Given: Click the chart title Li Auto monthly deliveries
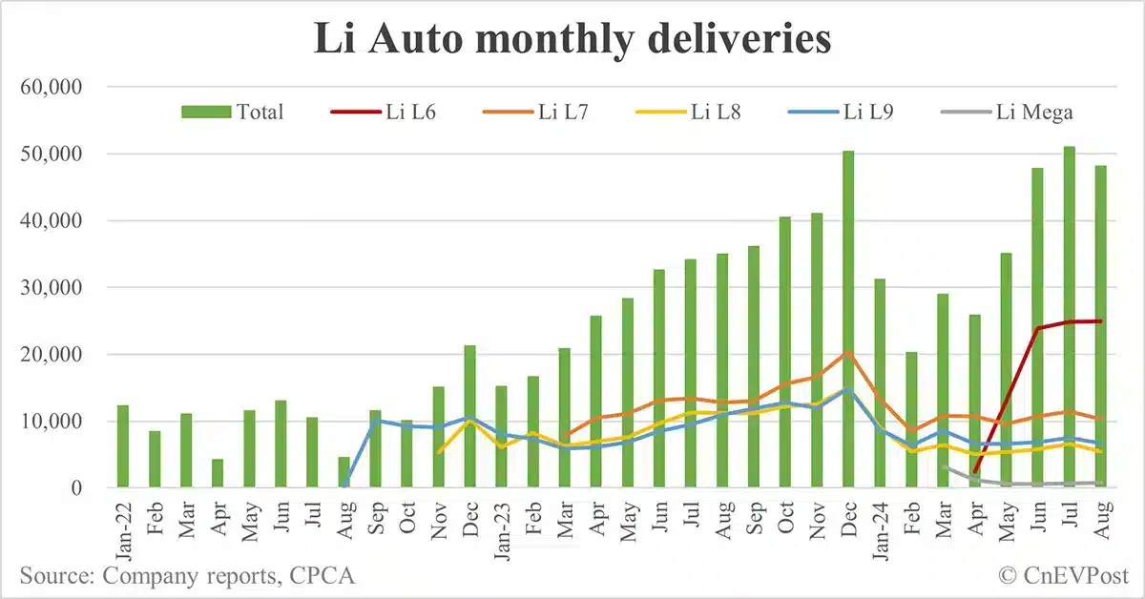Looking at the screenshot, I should pos(572,40).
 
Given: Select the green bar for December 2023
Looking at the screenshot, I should pos(847,320).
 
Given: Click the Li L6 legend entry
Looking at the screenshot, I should pos(383,113).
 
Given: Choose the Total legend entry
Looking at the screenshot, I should pos(233,113).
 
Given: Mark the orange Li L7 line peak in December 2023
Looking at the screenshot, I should pos(847,352).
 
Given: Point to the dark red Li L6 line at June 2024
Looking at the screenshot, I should pos(1037,328).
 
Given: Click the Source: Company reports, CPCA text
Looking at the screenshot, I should pos(187,576).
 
